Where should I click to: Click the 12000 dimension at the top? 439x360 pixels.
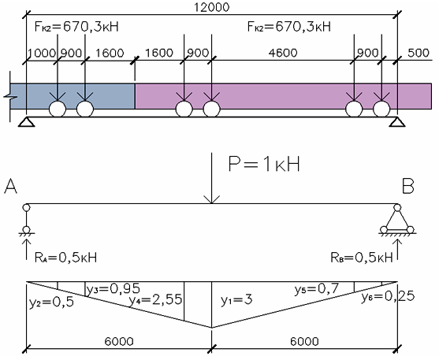pos(212,7)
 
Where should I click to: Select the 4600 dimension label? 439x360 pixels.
pos(283,53)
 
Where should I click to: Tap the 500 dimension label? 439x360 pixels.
pos(419,53)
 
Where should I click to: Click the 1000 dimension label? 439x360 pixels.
pos(42,53)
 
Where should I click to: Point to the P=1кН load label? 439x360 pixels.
pos(264,164)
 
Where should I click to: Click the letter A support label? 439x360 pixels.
pos(10,186)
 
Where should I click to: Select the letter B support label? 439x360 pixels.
pos(408,186)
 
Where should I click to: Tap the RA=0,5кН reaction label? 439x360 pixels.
pos(65,258)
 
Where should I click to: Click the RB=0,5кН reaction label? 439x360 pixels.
pos(362,258)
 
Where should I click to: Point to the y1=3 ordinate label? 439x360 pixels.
pos(236,300)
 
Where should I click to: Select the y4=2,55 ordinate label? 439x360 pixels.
pos(155,300)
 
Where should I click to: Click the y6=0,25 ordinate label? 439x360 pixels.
pos(388,297)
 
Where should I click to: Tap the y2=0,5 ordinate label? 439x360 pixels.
pos(51,302)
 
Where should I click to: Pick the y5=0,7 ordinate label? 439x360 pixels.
pos(317,289)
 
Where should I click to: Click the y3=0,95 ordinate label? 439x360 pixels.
pos(113,289)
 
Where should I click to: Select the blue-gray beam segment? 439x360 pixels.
pos(73,96)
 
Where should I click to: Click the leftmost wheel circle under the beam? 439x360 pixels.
pos(58,109)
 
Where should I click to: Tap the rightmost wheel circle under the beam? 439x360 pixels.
pos(381,109)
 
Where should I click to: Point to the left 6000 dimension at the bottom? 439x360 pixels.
pos(119,342)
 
